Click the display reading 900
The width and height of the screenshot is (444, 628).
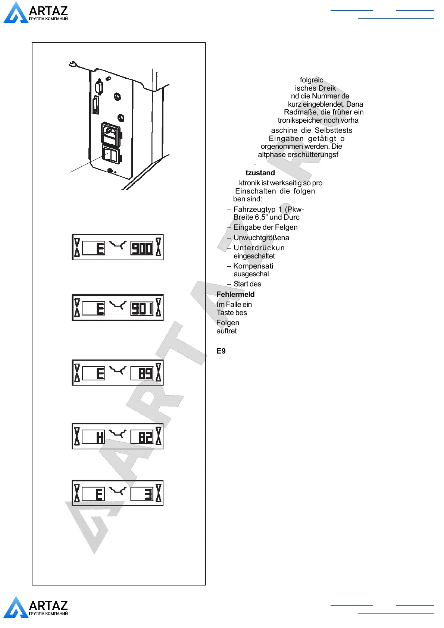click(142, 248)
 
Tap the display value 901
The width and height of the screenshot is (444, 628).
click(142, 309)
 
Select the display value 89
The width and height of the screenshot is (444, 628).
click(145, 373)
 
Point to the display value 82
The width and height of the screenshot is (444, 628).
click(145, 437)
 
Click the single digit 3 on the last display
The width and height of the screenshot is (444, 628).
click(148, 494)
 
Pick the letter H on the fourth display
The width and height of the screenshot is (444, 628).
click(100, 437)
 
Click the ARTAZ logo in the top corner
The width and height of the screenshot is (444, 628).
click(36, 13)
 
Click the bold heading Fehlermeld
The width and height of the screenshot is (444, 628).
click(235, 295)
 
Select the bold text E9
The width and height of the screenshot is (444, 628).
click(221, 351)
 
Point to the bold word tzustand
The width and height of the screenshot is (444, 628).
click(260, 173)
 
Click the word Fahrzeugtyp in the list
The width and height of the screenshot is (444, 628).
click(254, 210)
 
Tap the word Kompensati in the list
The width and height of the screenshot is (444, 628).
click(253, 266)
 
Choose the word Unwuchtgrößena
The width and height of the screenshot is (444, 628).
click(261, 238)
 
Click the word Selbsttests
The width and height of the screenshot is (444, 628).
click(333, 131)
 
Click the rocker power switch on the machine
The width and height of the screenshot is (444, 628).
click(111, 155)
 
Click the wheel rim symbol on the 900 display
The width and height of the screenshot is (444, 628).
click(118, 245)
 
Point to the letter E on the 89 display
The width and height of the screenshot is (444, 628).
click(100, 373)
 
